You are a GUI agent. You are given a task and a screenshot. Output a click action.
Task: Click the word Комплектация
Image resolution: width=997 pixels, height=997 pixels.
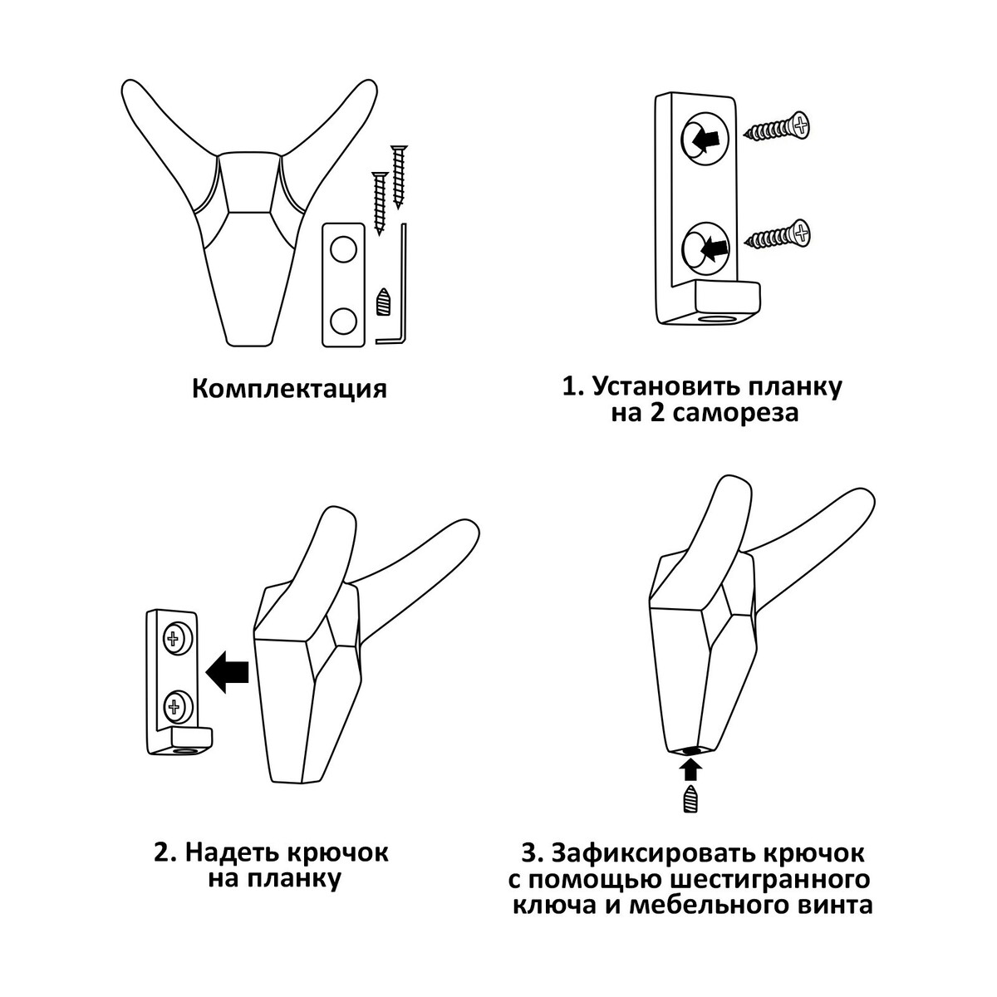289,390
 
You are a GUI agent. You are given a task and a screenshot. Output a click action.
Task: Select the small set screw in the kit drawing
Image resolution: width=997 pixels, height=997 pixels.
382,301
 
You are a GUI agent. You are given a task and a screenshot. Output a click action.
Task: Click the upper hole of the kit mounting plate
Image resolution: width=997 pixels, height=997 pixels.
344,249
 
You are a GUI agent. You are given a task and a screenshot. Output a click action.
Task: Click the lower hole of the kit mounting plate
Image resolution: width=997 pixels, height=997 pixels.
344,321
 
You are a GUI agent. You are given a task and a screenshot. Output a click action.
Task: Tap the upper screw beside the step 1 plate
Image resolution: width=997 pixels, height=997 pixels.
776,128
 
